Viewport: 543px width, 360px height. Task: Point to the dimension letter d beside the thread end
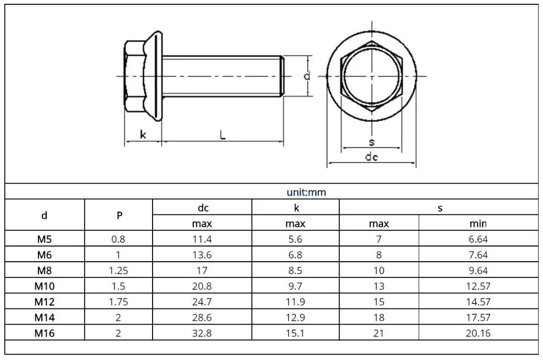(x=307, y=77)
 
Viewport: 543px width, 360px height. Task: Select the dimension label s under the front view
(x=371, y=142)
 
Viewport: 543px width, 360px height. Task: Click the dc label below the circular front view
(x=371, y=157)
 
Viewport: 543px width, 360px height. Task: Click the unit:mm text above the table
(x=306, y=192)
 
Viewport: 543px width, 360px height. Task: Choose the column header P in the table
(x=119, y=216)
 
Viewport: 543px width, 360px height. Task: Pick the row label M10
(x=45, y=286)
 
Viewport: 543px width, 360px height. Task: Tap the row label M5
(x=45, y=239)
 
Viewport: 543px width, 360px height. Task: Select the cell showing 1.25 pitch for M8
(x=119, y=270)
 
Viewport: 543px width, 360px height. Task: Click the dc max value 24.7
(x=201, y=302)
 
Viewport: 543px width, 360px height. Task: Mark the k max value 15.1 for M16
(x=295, y=333)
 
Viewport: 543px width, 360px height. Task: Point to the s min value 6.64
(x=477, y=239)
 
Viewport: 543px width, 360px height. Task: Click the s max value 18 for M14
(x=378, y=318)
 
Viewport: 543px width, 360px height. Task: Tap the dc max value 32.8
(x=201, y=333)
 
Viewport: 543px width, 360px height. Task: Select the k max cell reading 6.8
(x=295, y=255)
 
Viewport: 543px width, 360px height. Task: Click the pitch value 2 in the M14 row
(x=119, y=318)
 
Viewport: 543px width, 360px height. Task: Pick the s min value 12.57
(x=477, y=286)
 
